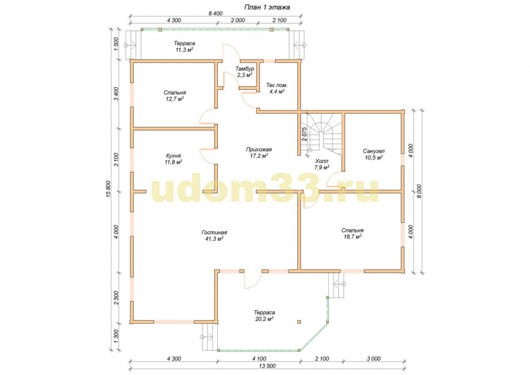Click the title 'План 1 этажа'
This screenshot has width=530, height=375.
pos(267,7)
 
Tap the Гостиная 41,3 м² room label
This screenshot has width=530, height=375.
pos(214,236)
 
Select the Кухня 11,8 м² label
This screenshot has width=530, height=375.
pos(173,159)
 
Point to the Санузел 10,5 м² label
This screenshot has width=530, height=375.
pos(374,154)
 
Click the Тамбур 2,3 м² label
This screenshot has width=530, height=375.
pos(245,72)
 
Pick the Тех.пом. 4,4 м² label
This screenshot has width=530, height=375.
pos(277,88)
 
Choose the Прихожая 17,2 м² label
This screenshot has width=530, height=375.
pos(259,153)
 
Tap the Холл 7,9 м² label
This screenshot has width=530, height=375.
pos(322,164)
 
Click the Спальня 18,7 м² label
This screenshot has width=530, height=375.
pos(352,234)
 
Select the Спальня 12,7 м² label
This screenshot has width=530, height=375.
pos(175,95)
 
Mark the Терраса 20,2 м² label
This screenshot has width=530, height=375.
pos(264,316)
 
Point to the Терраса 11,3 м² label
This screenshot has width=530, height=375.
pos(184,46)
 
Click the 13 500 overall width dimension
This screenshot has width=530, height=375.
pos(267,366)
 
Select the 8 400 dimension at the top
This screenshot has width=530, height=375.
pos(215,14)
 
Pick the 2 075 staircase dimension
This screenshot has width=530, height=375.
pos(304,134)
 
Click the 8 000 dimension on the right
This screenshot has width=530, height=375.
pos(419,191)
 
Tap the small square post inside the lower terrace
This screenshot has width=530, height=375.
pos(299,322)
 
